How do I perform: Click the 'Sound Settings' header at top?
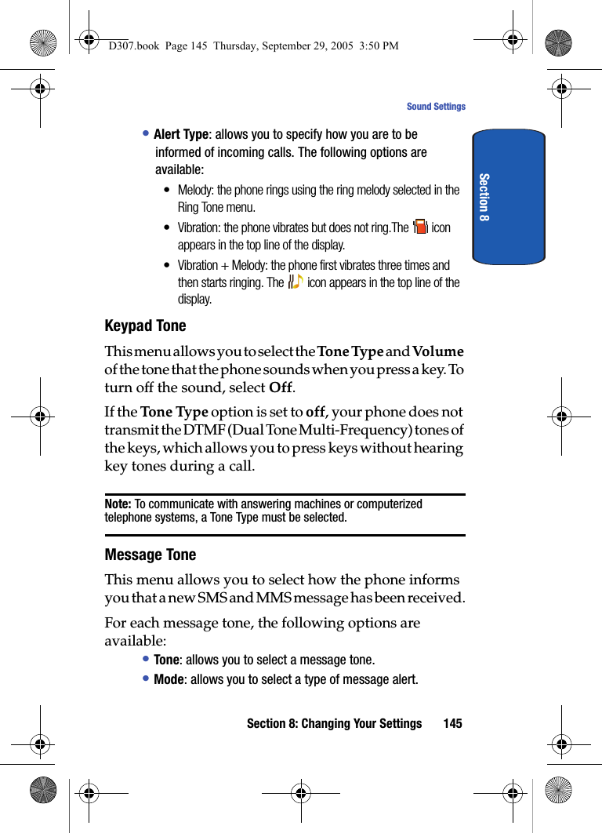(436, 107)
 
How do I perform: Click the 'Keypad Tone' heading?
(145, 326)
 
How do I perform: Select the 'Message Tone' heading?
(150, 555)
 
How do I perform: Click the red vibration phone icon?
(420, 227)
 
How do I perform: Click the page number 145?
(452, 723)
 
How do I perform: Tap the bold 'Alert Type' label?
(180, 134)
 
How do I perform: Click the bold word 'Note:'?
(118, 504)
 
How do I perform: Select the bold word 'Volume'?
(437, 351)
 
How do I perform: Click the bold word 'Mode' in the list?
(169, 679)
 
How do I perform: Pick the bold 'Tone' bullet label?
(166, 660)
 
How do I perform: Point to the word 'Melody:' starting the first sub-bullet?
(196, 190)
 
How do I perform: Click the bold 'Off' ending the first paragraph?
(281, 387)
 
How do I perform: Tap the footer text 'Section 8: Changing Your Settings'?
(334, 723)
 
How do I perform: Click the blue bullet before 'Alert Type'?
(146, 133)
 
